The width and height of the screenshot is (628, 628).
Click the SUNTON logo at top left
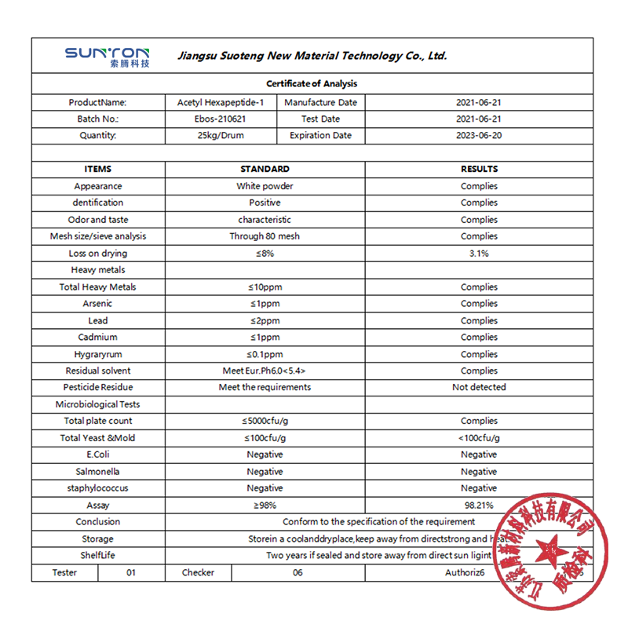click(x=107, y=56)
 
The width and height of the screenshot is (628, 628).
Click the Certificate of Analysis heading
click(x=312, y=84)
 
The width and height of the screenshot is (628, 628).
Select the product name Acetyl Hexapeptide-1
click(x=221, y=103)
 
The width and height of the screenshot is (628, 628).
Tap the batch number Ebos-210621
click(x=221, y=119)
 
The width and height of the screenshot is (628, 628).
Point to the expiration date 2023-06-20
click(x=479, y=136)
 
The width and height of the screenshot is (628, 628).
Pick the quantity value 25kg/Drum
click(x=221, y=136)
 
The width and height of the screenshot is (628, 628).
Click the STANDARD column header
click(x=265, y=169)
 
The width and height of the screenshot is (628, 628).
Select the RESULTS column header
click(x=479, y=169)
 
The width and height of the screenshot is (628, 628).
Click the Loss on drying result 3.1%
click(x=479, y=254)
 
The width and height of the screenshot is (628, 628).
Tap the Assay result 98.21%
click(x=479, y=506)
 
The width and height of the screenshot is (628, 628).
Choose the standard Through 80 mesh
click(x=265, y=236)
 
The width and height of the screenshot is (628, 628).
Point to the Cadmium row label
click(x=98, y=338)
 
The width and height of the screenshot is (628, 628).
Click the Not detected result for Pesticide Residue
click(x=479, y=388)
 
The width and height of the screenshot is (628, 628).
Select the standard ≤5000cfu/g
click(x=265, y=422)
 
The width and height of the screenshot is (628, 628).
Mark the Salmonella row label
click(x=98, y=472)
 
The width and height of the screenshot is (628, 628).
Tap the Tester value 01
click(x=131, y=573)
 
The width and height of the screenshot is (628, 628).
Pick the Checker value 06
click(x=298, y=573)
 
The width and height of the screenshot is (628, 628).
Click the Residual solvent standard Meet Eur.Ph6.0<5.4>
click(x=265, y=371)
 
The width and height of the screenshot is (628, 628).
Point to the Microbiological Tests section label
click(x=98, y=405)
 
